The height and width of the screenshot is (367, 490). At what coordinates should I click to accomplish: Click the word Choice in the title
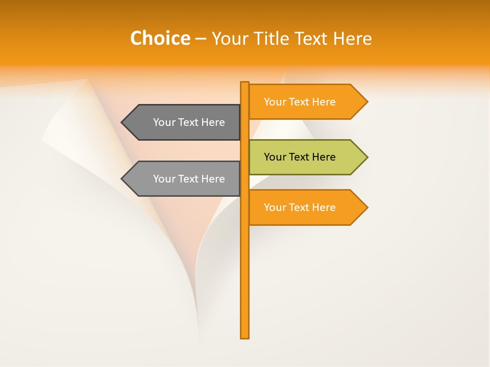tap(160, 38)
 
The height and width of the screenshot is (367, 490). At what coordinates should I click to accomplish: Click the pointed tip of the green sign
tap(366, 157)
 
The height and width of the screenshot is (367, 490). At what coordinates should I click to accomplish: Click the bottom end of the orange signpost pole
tap(245, 336)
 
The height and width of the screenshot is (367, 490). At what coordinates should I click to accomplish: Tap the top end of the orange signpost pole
tap(245, 84)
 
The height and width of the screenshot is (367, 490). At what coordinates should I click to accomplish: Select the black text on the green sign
tap(300, 157)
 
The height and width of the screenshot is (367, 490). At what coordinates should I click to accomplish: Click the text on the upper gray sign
tap(189, 122)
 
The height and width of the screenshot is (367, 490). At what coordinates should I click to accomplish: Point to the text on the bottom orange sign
tap(300, 207)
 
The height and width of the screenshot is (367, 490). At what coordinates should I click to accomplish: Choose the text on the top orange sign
tap(300, 102)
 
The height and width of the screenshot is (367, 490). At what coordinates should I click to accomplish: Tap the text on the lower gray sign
tap(189, 179)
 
